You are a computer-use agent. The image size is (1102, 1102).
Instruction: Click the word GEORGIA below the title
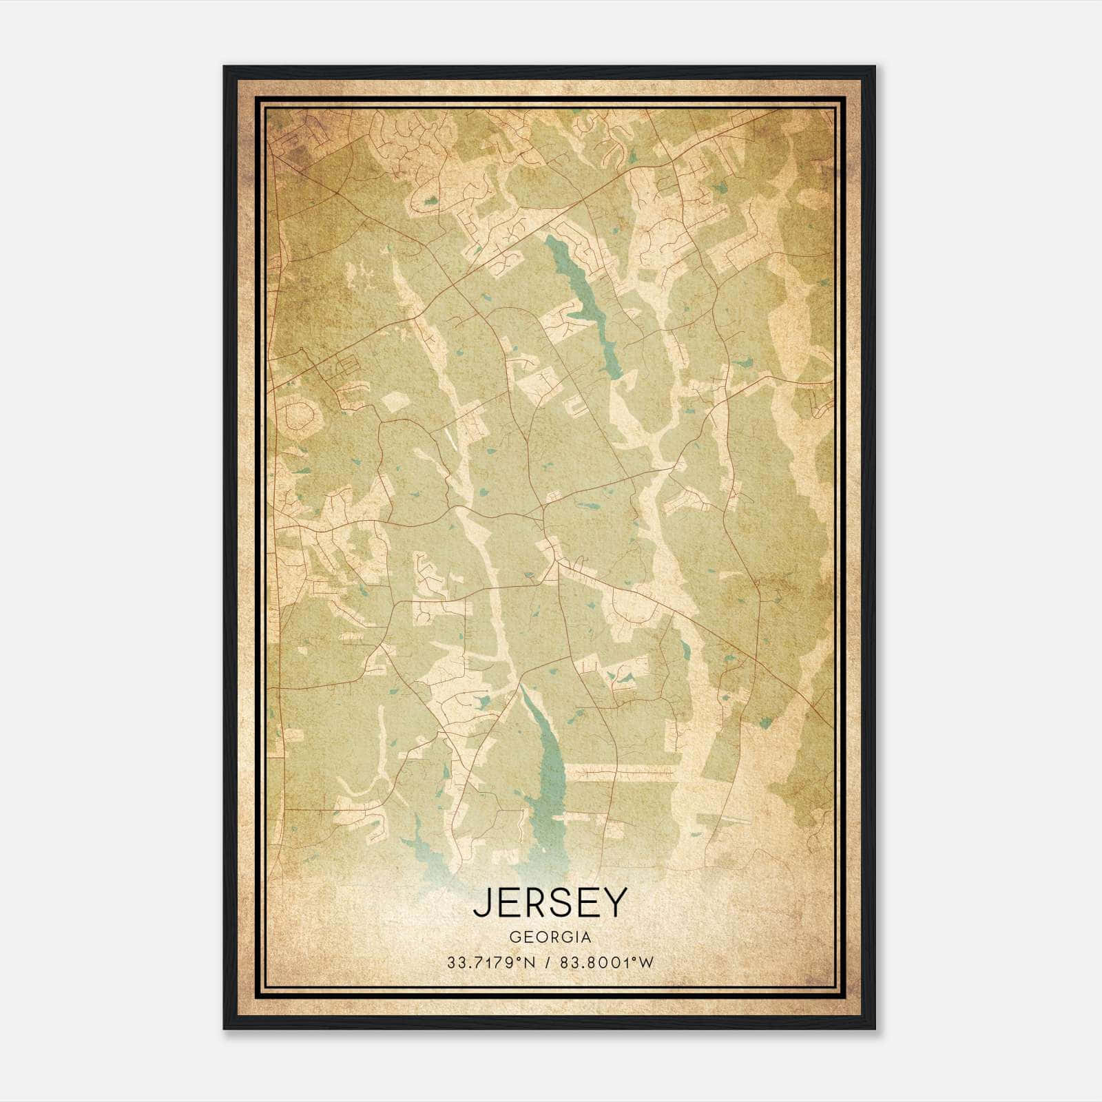click(x=550, y=937)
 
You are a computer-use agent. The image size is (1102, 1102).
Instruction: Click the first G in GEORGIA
click(x=514, y=937)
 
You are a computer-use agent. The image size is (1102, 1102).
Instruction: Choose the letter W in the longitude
click(x=645, y=963)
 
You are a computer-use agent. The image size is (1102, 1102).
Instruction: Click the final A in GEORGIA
click(x=586, y=937)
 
